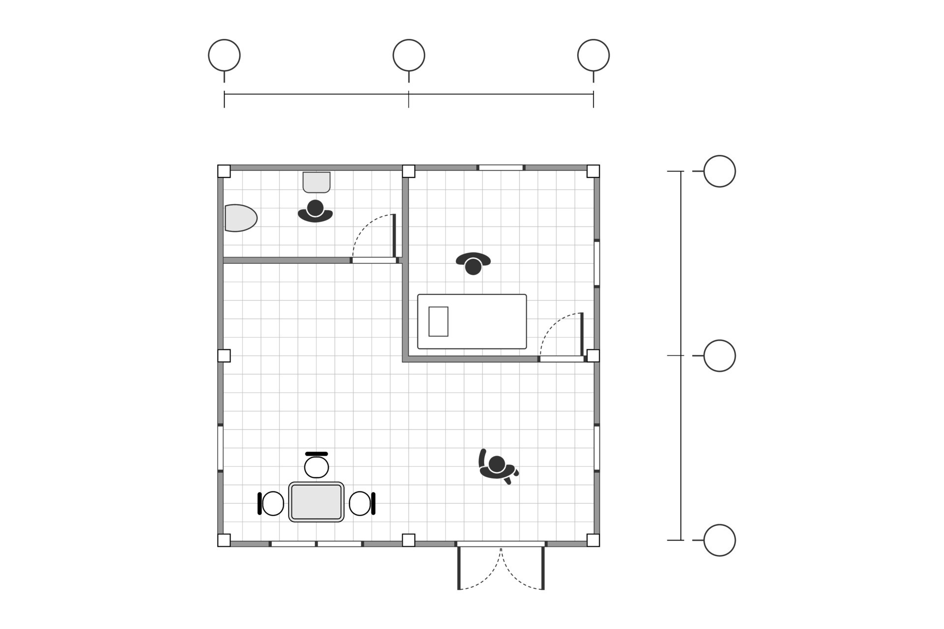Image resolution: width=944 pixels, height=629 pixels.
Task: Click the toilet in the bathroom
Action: [240, 218]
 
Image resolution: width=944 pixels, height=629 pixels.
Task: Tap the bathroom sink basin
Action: [316, 182]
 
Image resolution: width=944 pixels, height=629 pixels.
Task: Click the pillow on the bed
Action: [438, 321]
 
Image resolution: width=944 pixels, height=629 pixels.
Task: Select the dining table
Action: [316, 502]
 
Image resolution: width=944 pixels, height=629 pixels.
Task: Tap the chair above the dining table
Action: [316, 466]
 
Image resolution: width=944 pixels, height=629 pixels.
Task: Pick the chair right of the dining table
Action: [361, 503]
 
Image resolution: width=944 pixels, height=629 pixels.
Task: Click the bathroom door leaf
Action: [394, 235]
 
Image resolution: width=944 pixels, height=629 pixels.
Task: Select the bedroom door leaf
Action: [582, 334]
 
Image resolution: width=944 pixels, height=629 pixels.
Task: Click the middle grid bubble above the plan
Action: [409, 55]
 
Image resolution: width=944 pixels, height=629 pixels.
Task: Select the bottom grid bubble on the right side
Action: [719, 540]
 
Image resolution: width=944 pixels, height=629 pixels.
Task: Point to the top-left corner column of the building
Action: [224, 171]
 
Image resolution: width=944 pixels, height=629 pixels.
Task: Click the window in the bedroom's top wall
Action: [501, 168]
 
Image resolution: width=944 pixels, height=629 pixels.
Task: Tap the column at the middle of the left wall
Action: [224, 355]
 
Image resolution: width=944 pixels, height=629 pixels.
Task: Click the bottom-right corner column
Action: [593, 540]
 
